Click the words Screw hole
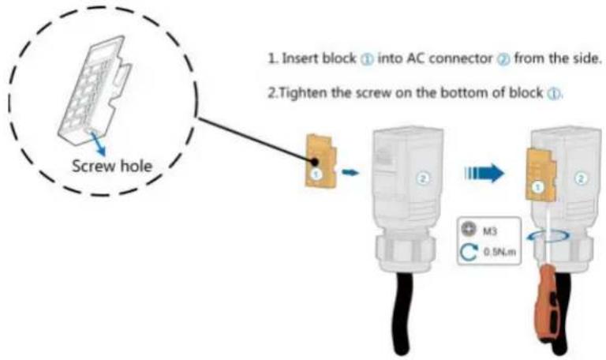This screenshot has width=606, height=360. (112, 167)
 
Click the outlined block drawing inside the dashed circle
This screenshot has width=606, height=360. (95, 90)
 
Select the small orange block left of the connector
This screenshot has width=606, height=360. (321, 160)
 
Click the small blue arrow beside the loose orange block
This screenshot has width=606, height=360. (350, 171)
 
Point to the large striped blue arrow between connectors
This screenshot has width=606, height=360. (484, 172)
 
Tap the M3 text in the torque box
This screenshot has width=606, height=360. (490, 231)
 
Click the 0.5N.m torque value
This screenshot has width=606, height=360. (499, 252)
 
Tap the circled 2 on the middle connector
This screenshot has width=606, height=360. (422, 178)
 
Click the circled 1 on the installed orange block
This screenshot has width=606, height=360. (538, 187)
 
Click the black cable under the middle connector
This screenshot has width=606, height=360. (402, 309)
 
